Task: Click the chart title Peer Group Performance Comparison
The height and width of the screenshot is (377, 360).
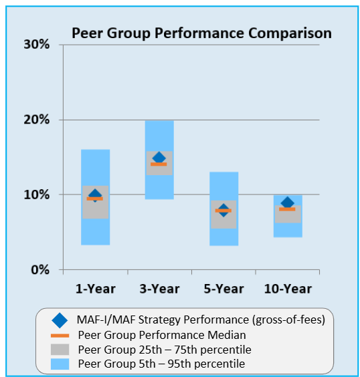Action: (201, 33)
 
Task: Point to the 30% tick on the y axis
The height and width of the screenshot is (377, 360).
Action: (37, 45)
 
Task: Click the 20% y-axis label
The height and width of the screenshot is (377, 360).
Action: (37, 120)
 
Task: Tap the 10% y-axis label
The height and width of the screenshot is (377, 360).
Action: (37, 195)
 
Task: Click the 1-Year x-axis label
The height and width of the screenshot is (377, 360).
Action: (95, 289)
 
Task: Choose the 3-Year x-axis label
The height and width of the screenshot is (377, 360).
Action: (159, 289)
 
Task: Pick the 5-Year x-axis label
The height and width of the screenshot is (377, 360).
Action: (223, 289)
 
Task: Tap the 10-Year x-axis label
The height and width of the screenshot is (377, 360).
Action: (287, 289)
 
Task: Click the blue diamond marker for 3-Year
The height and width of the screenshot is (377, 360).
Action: (159, 158)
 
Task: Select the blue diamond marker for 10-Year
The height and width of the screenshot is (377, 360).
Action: (287, 203)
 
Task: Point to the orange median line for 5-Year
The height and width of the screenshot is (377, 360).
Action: (223, 211)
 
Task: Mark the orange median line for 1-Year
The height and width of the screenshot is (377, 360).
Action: (95, 199)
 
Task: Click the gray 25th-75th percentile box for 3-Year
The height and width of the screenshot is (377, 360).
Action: (159, 170)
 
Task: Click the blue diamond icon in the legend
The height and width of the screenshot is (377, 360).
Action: (60, 320)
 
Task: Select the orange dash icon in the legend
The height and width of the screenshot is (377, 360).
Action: (60, 335)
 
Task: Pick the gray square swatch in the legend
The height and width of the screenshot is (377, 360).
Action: (60, 349)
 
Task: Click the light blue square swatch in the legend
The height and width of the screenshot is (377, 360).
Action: (60, 364)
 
